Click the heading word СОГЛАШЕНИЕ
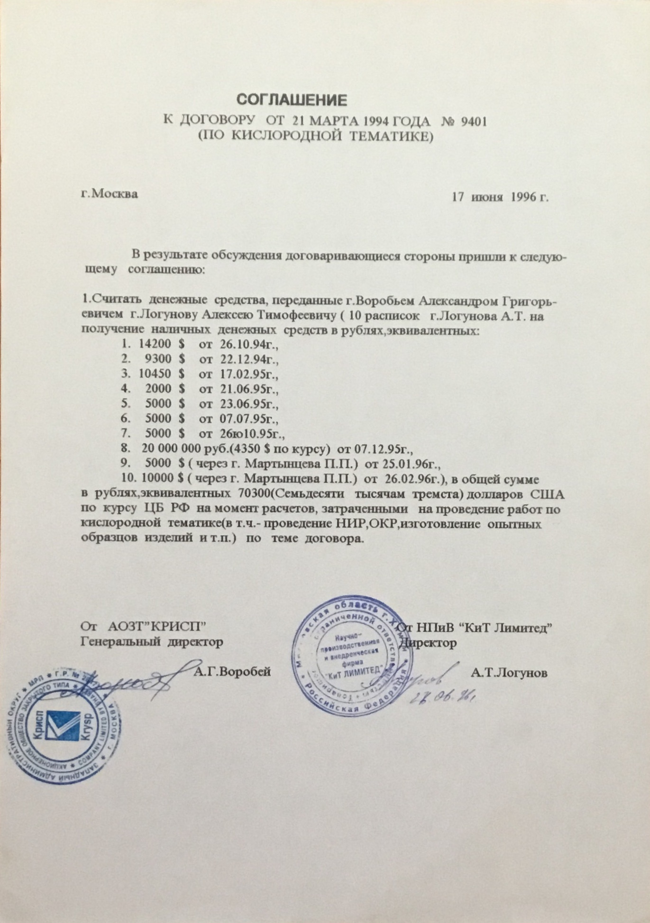pos(292,100)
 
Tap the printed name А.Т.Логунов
pos(510,673)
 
